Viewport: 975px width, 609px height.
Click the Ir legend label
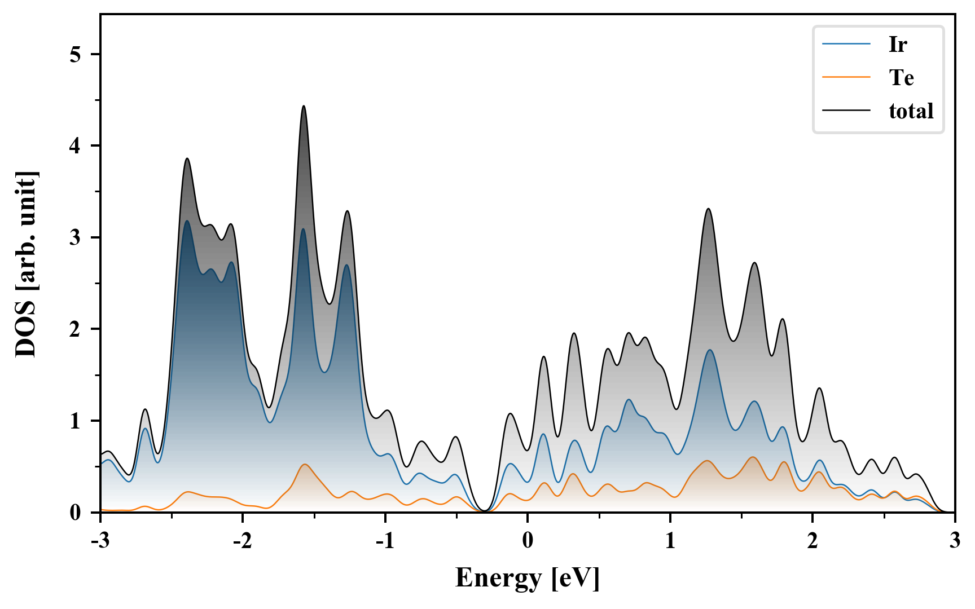pos(898,44)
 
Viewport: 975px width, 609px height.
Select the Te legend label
pos(901,77)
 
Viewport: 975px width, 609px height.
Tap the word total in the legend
pos(911,111)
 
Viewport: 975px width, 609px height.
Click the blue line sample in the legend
pos(846,44)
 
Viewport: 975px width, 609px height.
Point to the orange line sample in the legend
pos(846,77)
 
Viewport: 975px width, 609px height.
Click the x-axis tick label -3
pos(100,540)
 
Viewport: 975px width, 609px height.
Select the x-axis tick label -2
pos(242,540)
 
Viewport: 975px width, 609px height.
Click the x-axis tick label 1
pos(670,540)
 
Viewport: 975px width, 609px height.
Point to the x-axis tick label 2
pos(813,540)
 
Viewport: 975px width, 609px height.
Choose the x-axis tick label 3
pos(955,540)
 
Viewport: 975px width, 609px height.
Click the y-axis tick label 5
pos(76,54)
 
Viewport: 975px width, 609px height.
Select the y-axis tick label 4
pos(76,146)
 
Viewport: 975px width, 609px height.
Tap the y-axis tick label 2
pos(76,329)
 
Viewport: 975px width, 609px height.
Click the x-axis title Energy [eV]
pos(527,578)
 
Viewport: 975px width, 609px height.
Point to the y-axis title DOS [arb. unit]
pos(26,264)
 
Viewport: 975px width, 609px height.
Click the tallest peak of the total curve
pos(304,106)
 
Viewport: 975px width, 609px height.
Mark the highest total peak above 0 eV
pos(708,209)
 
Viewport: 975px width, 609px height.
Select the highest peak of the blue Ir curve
pos(187,221)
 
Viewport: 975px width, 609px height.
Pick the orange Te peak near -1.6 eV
pos(305,465)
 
